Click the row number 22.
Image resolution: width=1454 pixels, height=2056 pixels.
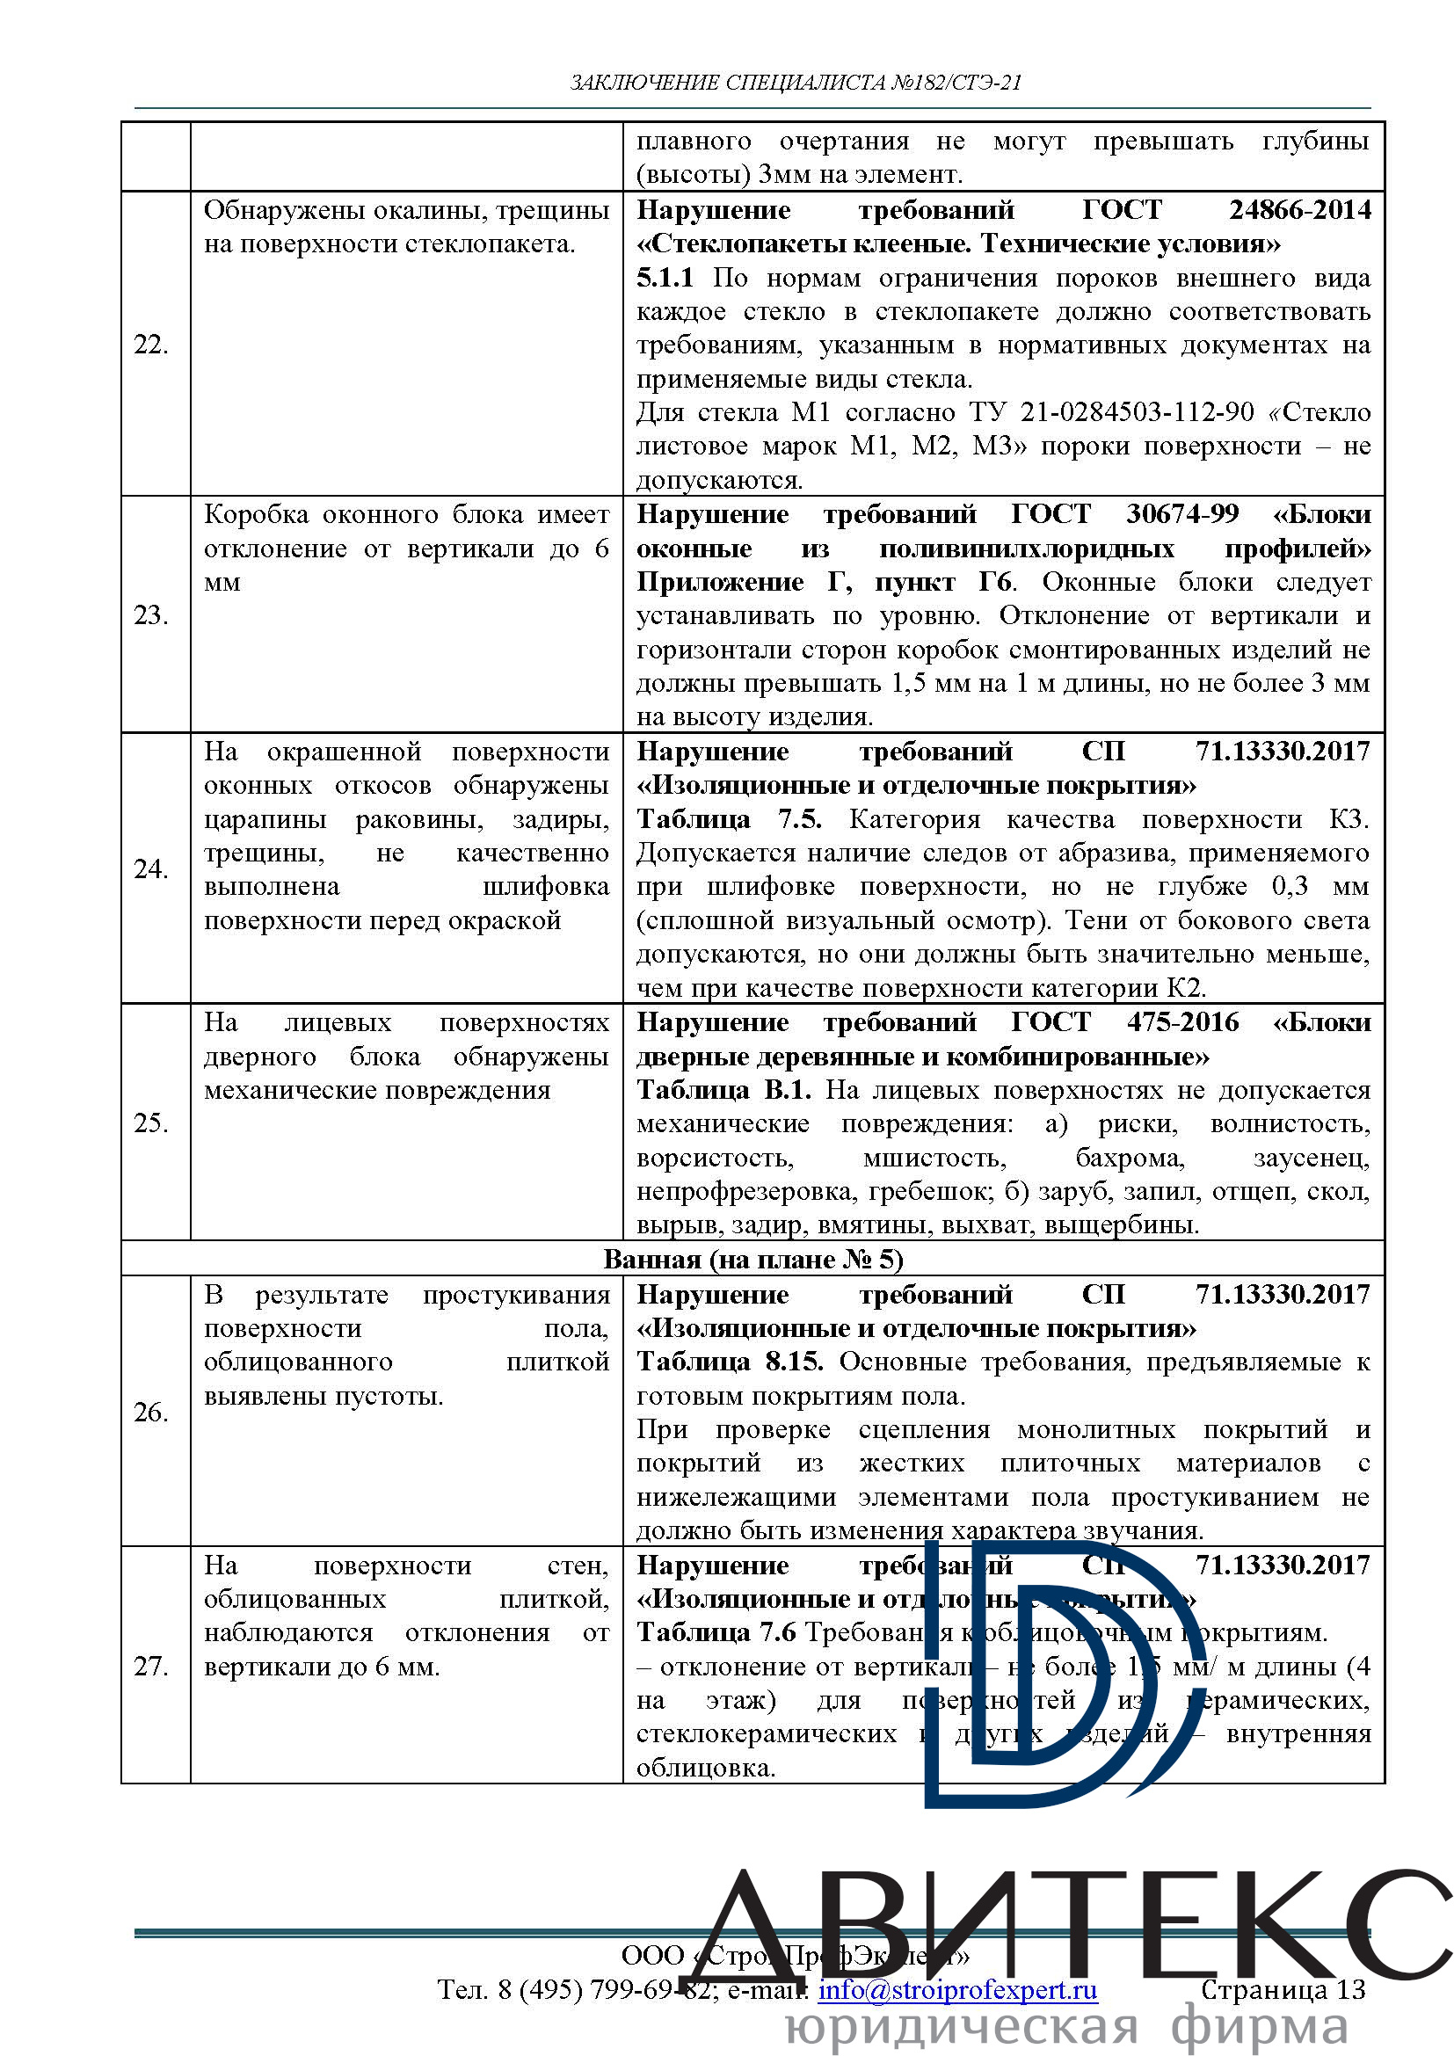tap(150, 345)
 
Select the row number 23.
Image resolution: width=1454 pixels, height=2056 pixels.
tap(150, 615)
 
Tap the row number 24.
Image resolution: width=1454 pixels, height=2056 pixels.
tap(150, 868)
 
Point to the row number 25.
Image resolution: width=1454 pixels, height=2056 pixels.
tap(150, 1122)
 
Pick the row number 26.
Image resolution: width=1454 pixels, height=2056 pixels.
tap(150, 1413)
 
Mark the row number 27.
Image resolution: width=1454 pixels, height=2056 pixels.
tap(150, 1667)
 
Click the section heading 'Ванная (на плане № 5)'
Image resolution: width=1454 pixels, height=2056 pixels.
tap(753, 1259)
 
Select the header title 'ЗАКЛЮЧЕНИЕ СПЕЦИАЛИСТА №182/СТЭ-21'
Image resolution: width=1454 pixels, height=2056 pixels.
tap(796, 84)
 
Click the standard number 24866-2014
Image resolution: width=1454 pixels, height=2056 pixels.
tap(1299, 210)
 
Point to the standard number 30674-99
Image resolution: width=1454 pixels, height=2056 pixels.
tap(1181, 514)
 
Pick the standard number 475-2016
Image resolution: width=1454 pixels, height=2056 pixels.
tap(1181, 1022)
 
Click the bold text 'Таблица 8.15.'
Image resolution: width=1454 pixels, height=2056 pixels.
tap(729, 1362)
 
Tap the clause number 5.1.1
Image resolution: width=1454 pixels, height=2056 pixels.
tap(665, 279)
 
